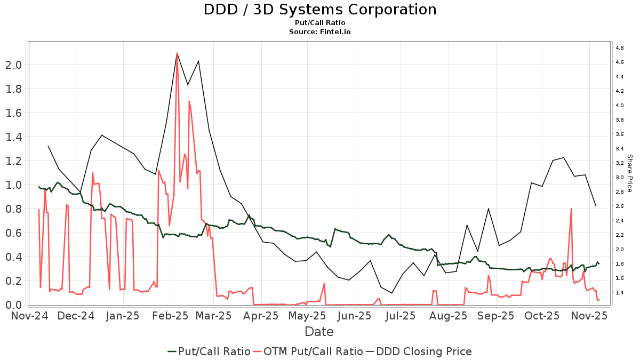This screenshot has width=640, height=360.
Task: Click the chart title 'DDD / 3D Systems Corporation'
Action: click(x=320, y=10)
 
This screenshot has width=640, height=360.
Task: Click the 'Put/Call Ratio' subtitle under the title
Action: click(x=320, y=23)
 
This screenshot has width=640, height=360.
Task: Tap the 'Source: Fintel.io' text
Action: click(x=320, y=32)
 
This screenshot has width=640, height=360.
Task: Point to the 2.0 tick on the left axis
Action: click(x=14, y=65)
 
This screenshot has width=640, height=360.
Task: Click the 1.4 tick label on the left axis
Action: click(x=14, y=137)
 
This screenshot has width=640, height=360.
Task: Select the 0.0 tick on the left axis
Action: click(x=14, y=305)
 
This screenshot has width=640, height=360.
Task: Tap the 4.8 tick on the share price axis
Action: click(x=620, y=48)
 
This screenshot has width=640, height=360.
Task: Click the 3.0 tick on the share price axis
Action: click(x=620, y=177)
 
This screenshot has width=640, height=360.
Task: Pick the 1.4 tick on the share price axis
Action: click(x=620, y=292)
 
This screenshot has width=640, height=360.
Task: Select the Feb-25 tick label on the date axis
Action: click(x=171, y=316)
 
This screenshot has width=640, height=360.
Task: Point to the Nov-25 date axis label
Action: click(x=589, y=316)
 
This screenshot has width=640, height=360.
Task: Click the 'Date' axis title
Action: click(x=319, y=332)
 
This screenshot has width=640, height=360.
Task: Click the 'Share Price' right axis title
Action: click(x=629, y=173)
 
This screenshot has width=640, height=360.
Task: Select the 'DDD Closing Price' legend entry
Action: click(x=424, y=351)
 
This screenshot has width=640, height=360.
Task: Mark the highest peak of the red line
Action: click(x=177, y=53)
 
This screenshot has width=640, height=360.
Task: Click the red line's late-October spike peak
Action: click(x=571, y=209)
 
